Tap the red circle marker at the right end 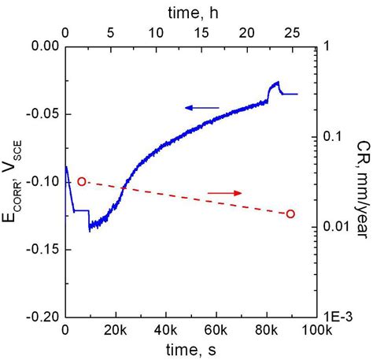tap(290, 213)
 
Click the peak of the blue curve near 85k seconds tap(277, 82)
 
